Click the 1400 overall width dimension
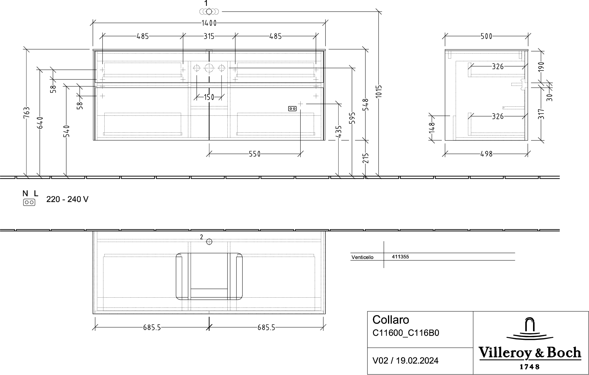click(209, 23)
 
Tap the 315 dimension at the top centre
click(209, 36)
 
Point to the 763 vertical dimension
click(26, 113)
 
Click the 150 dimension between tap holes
click(209, 97)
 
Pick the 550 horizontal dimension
click(255, 154)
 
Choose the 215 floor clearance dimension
click(365, 158)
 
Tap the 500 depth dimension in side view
click(486, 36)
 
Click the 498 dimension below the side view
click(486, 154)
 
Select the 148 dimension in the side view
click(431, 128)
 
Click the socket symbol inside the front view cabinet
click(292, 109)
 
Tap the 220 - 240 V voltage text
click(67, 199)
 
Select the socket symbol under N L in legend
click(29, 202)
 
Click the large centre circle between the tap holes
click(209, 68)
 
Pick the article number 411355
click(400, 257)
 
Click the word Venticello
click(362, 257)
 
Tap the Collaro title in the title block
click(391, 320)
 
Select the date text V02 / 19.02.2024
click(405, 360)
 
